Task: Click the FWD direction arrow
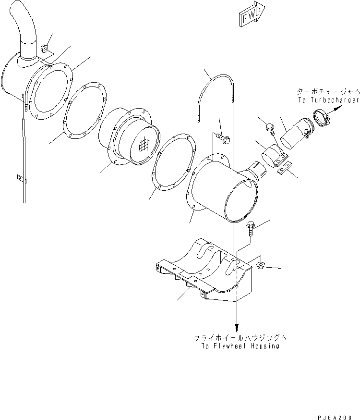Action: tap(249, 16)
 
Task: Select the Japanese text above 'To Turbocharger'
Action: tap(328, 91)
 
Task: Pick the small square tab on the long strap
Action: tap(20, 178)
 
